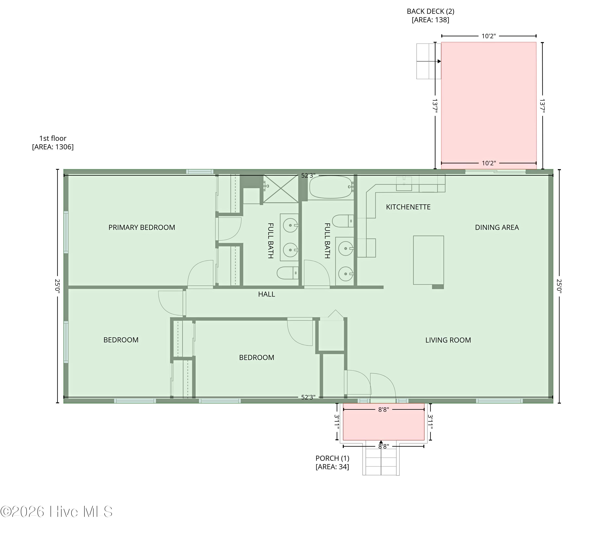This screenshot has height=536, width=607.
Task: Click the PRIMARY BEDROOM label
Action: click(142, 227)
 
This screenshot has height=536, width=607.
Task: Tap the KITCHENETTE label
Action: click(408, 207)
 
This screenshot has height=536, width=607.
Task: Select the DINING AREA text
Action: click(497, 227)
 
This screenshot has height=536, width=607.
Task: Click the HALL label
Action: click(266, 294)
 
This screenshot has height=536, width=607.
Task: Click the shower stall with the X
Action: click(281, 189)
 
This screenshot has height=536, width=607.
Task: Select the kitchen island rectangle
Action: click(429, 260)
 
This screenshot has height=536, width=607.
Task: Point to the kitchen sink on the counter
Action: click(404, 184)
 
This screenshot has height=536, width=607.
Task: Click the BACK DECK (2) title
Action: click(430, 11)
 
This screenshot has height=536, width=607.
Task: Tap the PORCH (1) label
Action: click(332, 458)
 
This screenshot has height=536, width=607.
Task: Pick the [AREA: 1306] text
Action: click(53, 147)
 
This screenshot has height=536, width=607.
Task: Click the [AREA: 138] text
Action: click(430, 20)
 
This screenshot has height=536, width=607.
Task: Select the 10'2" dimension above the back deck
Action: click(489, 36)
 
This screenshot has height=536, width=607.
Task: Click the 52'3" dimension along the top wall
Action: click(308, 175)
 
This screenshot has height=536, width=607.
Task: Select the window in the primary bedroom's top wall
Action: click(200, 171)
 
